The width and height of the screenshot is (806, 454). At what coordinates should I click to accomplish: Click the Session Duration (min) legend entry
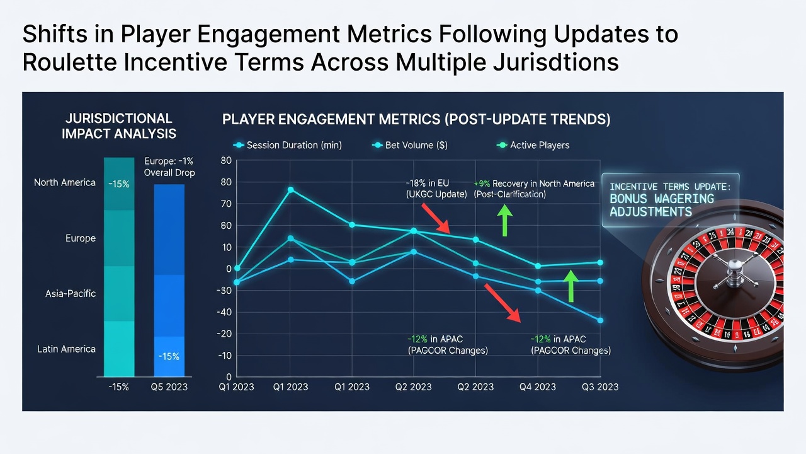click(288, 145)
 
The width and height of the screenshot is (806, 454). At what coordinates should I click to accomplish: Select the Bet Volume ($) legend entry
click(410, 145)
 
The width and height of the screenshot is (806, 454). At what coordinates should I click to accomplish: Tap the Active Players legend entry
click(533, 145)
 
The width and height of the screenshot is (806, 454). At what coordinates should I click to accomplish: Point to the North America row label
click(65, 183)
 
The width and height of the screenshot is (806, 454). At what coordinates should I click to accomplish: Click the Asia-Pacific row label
click(71, 294)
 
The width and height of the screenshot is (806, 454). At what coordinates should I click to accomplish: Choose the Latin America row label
click(66, 349)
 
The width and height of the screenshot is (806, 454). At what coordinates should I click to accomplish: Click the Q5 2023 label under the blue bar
click(169, 387)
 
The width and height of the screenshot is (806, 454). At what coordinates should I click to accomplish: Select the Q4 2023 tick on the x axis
click(538, 387)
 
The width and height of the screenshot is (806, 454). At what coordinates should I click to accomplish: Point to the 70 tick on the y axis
click(226, 204)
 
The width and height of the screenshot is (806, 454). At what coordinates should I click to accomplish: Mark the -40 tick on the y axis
click(224, 312)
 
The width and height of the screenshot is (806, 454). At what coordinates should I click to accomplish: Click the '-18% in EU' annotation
click(428, 183)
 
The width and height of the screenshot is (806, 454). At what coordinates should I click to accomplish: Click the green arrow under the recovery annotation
click(504, 220)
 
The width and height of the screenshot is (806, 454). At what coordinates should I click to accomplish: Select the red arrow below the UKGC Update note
click(436, 218)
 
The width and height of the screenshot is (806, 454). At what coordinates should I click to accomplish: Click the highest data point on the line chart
click(291, 190)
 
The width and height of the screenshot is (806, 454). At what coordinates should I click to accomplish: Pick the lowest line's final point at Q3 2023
click(600, 320)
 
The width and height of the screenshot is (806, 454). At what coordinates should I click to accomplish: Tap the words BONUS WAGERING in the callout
click(662, 199)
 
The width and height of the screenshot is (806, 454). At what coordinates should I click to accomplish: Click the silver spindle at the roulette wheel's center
click(734, 274)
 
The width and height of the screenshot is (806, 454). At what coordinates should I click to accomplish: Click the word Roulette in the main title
click(70, 62)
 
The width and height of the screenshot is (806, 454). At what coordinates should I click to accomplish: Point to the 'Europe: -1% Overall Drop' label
click(169, 167)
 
